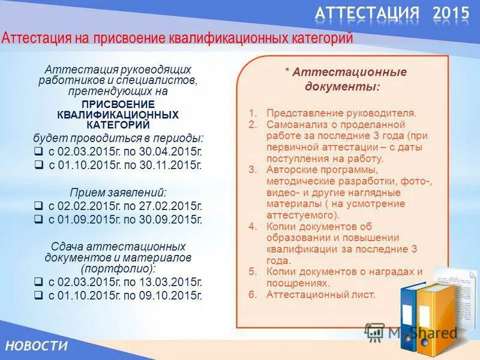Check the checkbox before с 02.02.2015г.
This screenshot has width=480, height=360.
(x=38, y=206)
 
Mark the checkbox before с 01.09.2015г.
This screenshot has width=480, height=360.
(x=38, y=219)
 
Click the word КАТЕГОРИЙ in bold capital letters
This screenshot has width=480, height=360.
(x=118, y=124)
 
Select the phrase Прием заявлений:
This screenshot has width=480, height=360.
(x=118, y=193)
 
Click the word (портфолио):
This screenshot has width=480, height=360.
(x=118, y=268)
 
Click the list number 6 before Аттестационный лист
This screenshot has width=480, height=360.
(x=253, y=295)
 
